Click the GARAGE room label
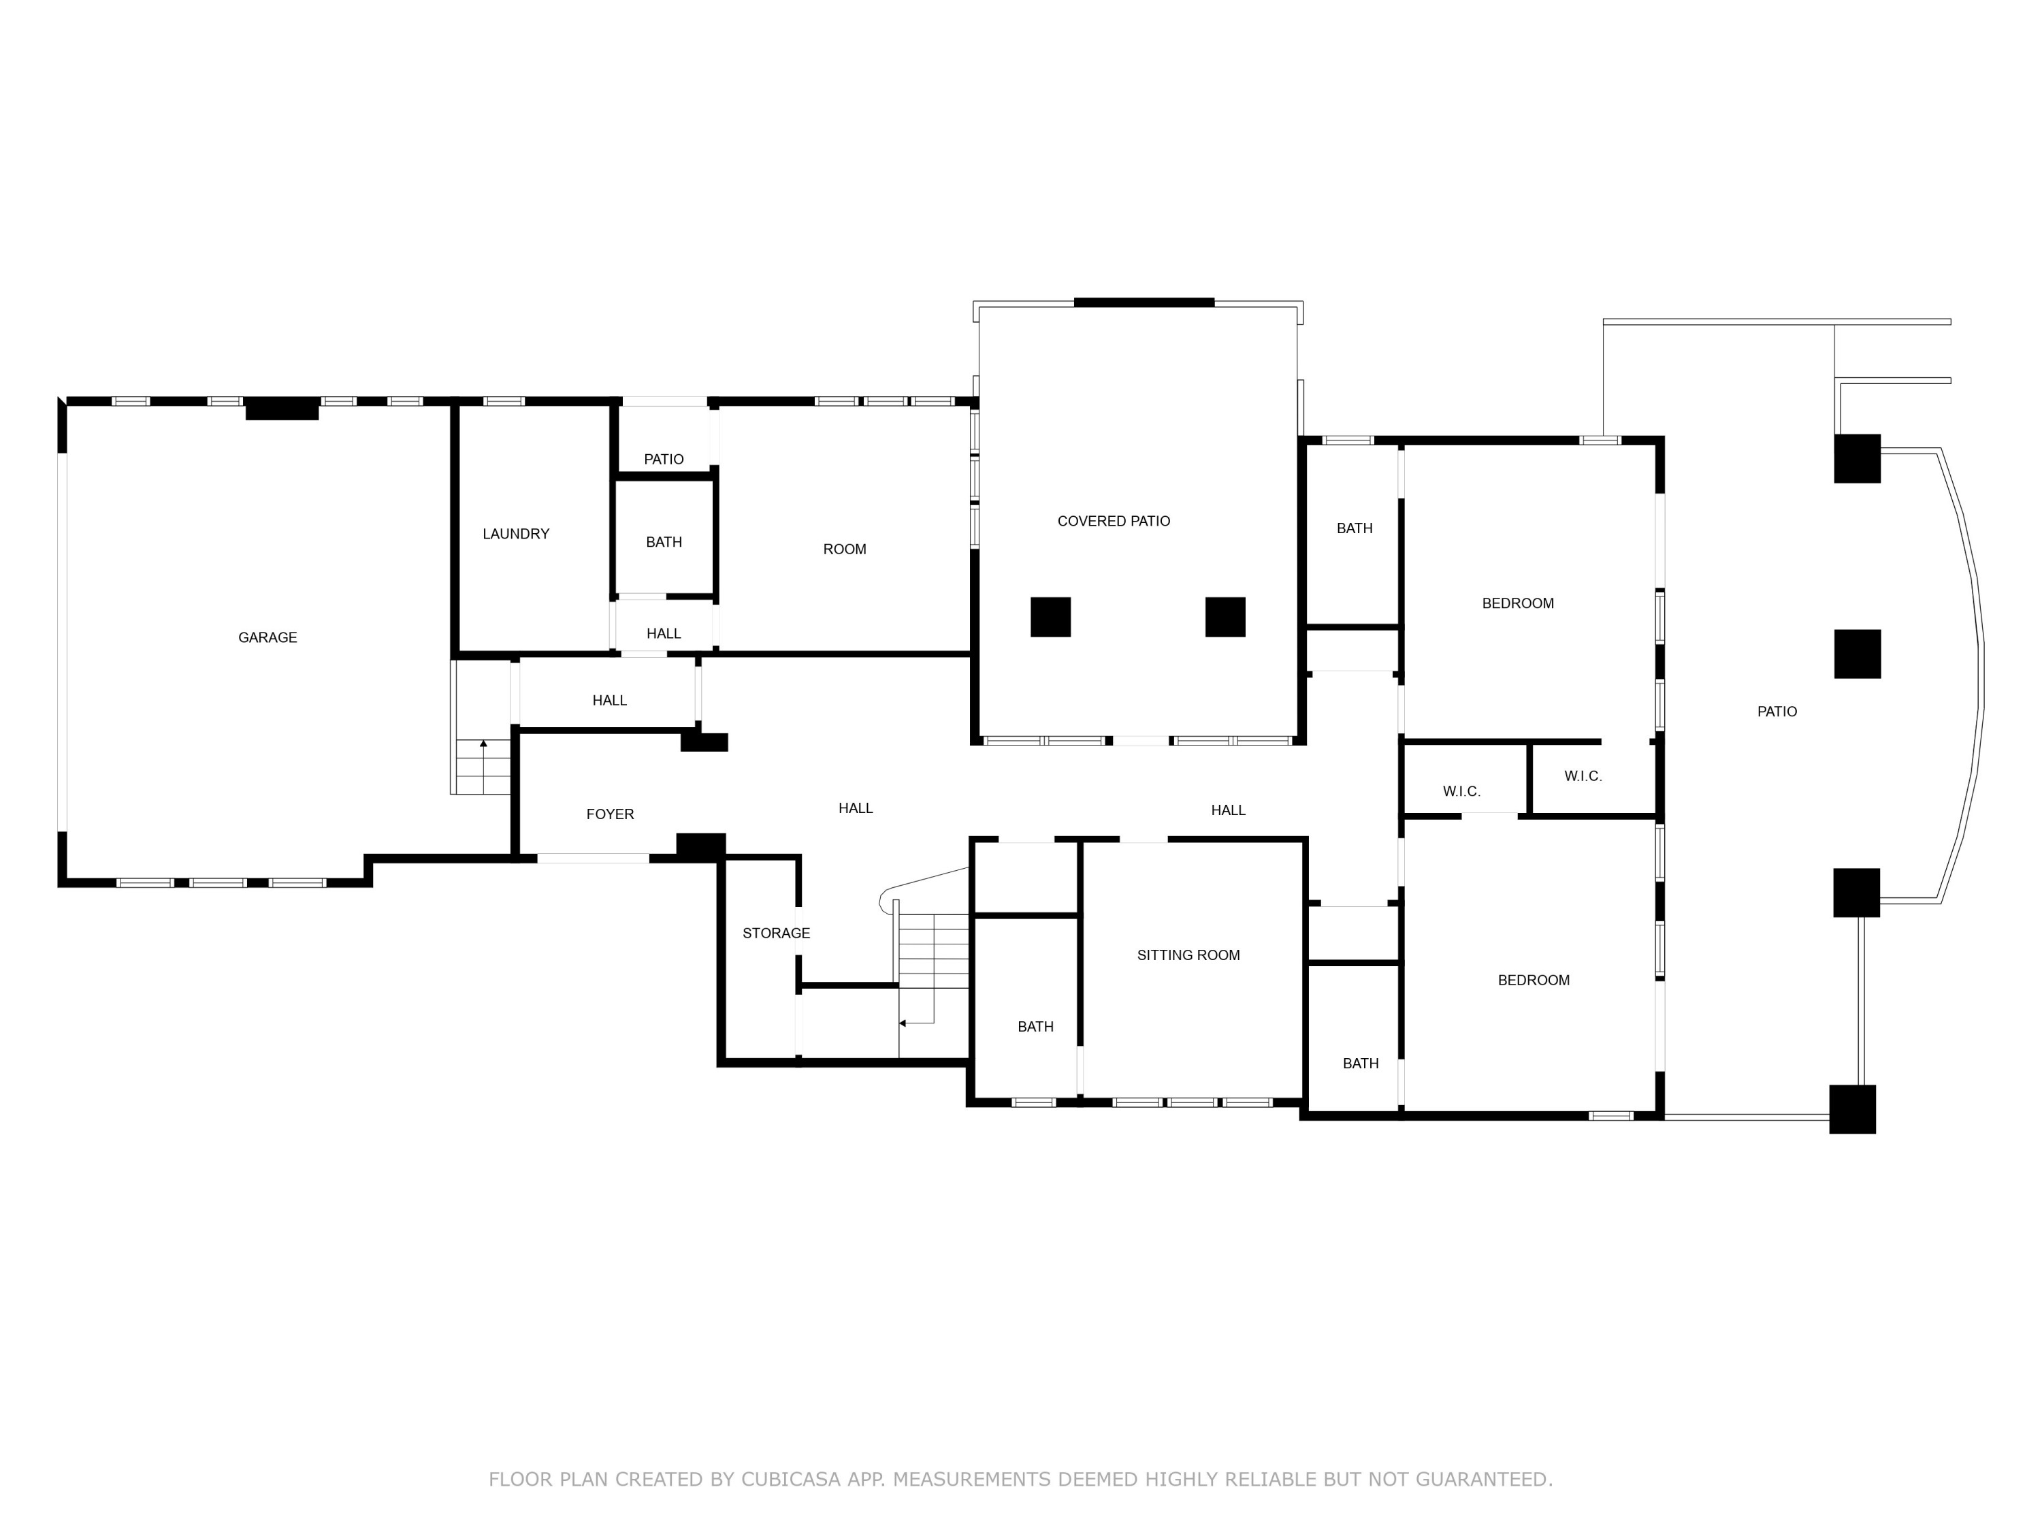[x=267, y=637]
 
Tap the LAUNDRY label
[x=515, y=534]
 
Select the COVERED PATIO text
[x=1114, y=521]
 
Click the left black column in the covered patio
[x=1050, y=617]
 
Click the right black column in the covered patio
[x=1225, y=617]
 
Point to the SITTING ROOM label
[x=1188, y=955]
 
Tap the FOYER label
[x=609, y=814]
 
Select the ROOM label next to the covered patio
[x=844, y=549]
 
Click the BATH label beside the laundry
[x=663, y=542]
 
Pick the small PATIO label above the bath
[x=663, y=459]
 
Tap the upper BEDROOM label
[x=1518, y=603]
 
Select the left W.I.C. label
[x=1461, y=791]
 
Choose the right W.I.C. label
[x=1583, y=776]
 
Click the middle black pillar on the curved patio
[x=1856, y=654]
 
